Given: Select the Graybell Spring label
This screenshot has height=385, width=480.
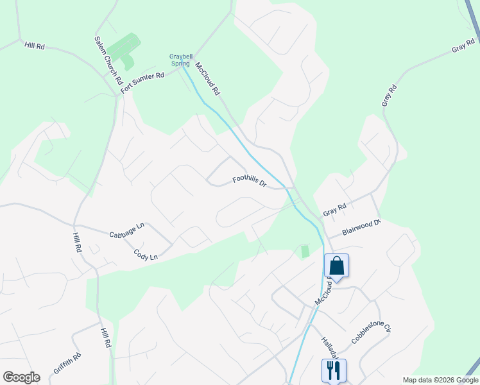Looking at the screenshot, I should (181, 60).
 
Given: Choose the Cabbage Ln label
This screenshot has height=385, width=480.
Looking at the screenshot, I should (127, 230).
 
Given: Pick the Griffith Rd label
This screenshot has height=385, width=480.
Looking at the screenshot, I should (67, 364).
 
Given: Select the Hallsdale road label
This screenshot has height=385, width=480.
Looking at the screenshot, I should (332, 347).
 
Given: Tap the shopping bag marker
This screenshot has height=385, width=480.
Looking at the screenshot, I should (337, 266).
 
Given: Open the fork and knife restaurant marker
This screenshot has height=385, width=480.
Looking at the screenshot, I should (334, 370).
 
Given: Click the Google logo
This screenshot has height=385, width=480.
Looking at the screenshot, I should (21, 377).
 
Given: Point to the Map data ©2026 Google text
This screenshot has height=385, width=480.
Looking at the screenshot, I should (440, 380).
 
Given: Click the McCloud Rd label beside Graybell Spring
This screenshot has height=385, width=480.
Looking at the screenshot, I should (208, 80).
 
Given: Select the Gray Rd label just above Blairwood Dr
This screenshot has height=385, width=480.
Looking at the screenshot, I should (334, 209).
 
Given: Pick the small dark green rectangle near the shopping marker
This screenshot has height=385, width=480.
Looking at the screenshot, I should (305, 251).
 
